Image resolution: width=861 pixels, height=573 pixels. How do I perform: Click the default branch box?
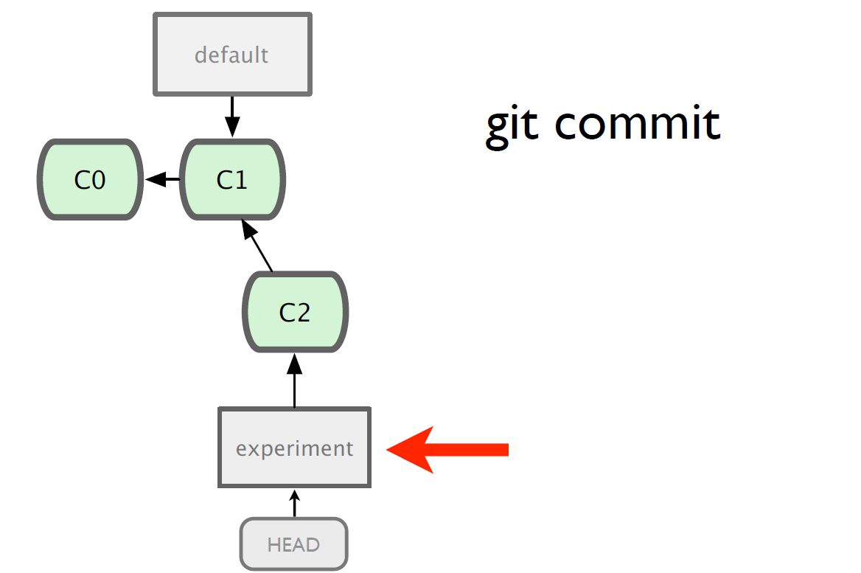click(232, 55)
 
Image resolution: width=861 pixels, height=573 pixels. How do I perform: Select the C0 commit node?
click(90, 180)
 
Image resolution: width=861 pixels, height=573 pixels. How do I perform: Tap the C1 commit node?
click(232, 180)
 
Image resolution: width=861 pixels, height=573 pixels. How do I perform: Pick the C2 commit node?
click(295, 312)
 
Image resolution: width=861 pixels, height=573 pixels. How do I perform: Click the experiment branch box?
click(294, 448)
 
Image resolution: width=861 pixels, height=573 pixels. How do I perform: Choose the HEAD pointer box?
click(294, 544)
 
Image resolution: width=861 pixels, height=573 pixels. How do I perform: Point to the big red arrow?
click(447, 449)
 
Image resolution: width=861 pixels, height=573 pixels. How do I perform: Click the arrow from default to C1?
click(232, 117)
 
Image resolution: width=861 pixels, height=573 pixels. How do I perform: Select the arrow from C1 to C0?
click(162, 179)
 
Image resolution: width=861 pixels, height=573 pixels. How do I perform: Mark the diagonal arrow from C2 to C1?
click(257, 245)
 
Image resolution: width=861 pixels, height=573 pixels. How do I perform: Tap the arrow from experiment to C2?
click(295, 381)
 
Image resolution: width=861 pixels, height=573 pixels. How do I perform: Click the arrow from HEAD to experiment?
click(295, 503)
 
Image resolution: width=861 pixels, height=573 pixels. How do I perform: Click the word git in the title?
click(512, 125)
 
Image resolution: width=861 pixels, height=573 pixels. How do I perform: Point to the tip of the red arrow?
click(387, 449)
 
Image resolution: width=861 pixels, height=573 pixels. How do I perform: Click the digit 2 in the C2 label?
click(302, 313)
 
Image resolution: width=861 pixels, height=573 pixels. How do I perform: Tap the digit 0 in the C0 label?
click(98, 180)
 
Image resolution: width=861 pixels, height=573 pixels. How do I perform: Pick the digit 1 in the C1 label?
click(240, 180)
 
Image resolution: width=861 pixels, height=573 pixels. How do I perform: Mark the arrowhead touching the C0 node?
click(156, 179)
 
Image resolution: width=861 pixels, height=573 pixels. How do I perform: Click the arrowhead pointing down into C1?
click(232, 127)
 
